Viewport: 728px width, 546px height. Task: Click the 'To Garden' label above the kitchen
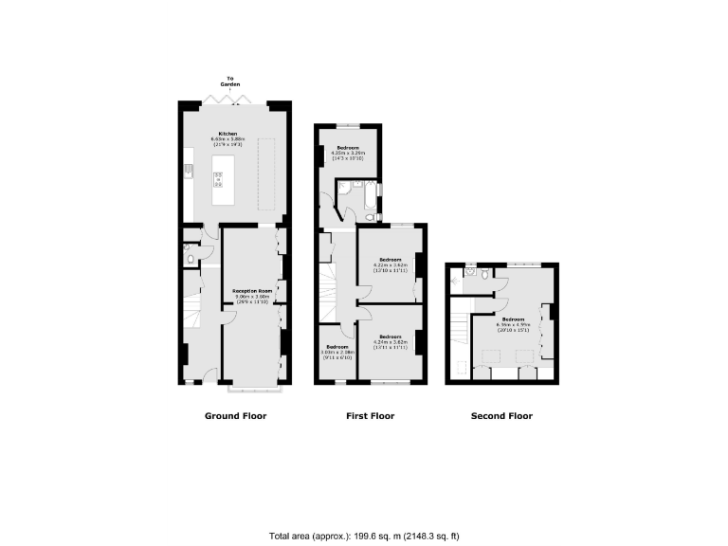point(229,81)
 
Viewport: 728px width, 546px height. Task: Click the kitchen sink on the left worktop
point(189,171)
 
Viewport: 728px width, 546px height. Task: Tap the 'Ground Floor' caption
point(235,416)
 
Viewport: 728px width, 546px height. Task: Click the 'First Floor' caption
point(370,416)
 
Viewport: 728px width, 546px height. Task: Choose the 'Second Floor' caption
point(502,416)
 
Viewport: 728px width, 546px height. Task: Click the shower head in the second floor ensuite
point(468,272)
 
